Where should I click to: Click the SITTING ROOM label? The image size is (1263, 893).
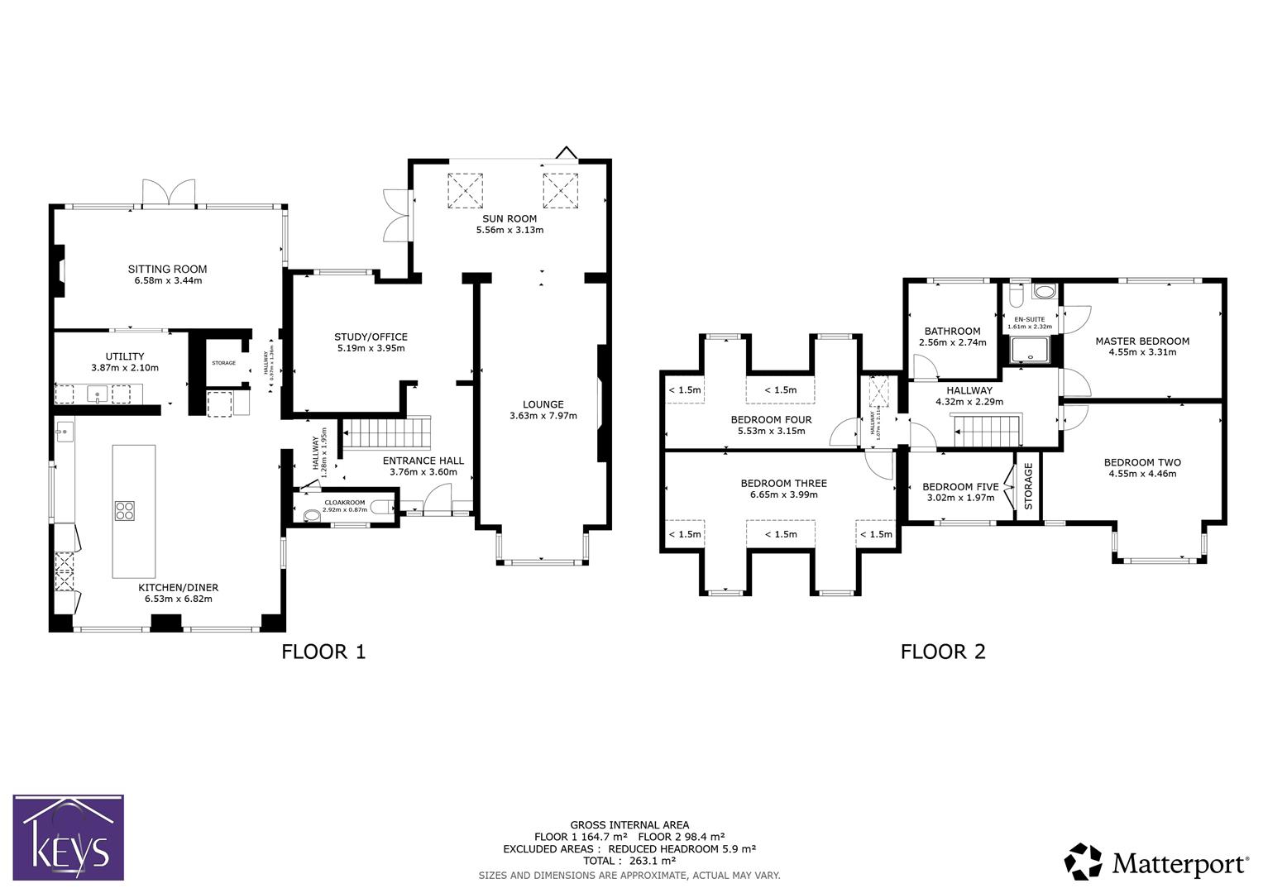point(167,269)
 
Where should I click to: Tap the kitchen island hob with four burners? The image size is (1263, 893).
point(124,511)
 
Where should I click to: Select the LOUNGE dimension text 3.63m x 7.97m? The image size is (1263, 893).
point(543,416)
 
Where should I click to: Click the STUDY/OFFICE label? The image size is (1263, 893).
point(371,337)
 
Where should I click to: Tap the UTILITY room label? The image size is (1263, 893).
point(125,356)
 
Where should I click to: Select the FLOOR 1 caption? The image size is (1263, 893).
point(323,652)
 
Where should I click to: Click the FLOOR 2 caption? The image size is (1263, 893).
point(943,652)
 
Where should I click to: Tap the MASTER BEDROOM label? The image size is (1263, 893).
point(1142,341)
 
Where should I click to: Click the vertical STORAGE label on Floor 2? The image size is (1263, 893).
point(1029,486)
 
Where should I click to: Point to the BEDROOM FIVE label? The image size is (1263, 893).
point(960,487)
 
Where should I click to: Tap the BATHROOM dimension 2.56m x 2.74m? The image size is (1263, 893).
point(953,342)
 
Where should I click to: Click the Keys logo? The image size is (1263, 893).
point(68,837)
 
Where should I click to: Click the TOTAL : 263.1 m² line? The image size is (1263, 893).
point(629,861)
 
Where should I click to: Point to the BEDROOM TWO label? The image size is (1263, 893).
point(1142,462)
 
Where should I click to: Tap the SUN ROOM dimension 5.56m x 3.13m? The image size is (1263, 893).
point(510,230)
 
